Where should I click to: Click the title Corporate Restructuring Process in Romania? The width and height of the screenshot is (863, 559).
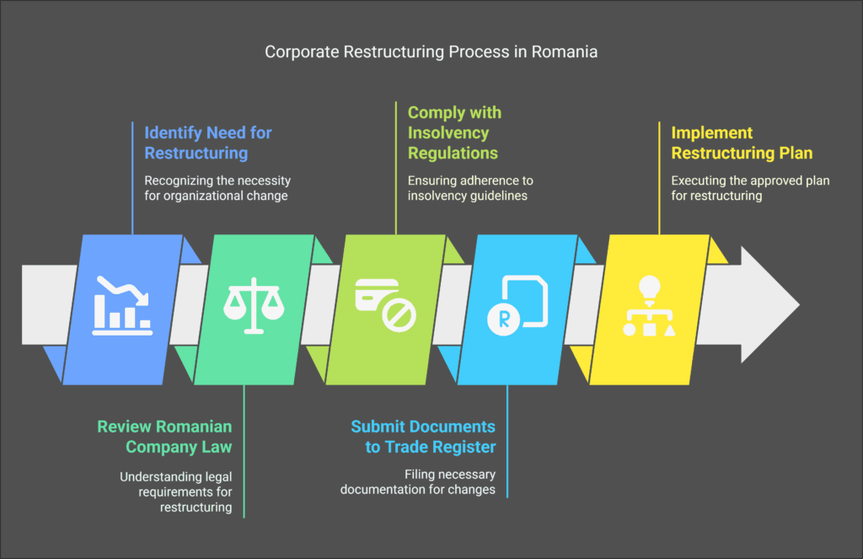431,52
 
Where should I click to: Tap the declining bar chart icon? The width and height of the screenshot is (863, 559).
122,304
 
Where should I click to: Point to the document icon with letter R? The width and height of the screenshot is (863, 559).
517,304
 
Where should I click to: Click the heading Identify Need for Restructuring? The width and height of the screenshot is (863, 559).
208,142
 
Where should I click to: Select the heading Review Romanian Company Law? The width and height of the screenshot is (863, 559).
164,436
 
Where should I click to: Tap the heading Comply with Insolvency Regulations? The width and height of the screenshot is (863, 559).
453,132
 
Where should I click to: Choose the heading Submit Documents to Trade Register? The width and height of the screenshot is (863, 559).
423,436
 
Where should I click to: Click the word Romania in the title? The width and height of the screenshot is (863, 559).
566,52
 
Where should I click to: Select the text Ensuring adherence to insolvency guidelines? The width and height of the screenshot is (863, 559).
470,189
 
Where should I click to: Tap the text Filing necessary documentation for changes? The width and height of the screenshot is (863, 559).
418,482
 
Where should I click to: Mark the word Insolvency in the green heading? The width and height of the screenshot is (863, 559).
448,132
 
